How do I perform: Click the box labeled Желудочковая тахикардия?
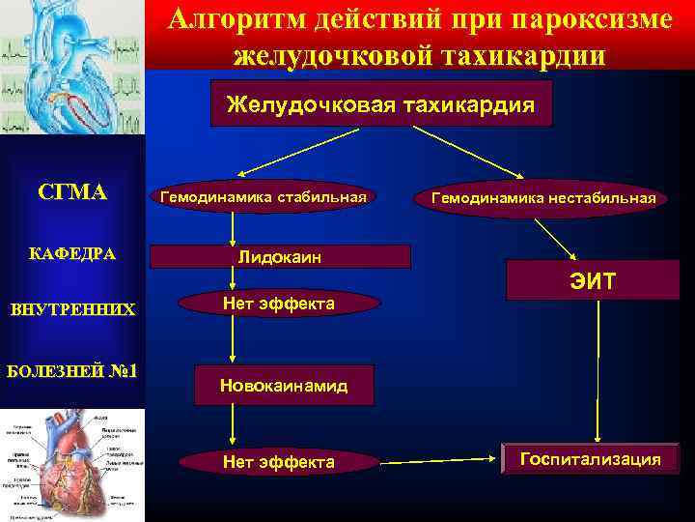point(380,104)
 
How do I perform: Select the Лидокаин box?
point(280,257)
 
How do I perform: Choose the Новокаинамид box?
point(283,386)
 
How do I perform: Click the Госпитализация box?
point(590,459)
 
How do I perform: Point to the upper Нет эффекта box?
point(278,304)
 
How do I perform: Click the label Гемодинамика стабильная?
point(263,197)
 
